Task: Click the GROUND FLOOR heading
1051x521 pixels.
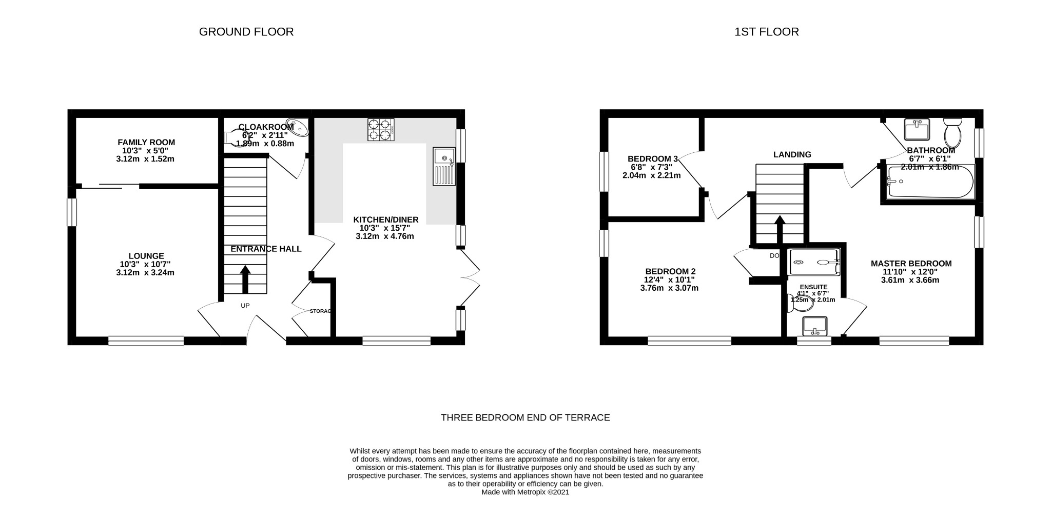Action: [246, 32]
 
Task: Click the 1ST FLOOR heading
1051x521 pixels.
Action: [766, 32]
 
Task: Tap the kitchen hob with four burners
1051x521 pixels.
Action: [380, 129]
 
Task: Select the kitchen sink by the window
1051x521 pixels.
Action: [444, 166]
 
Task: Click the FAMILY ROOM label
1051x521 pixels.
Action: [146, 142]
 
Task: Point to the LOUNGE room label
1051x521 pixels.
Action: [146, 256]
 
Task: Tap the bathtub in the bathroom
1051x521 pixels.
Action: [929, 182]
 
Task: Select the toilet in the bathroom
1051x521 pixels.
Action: [953, 132]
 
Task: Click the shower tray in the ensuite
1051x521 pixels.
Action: [814, 262]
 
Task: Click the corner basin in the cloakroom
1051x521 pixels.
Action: [298, 128]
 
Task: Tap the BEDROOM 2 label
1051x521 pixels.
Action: [670, 271]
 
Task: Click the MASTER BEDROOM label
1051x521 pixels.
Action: [911, 264]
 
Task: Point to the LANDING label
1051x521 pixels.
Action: [792, 154]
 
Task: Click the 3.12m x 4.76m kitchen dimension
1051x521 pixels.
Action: [385, 236]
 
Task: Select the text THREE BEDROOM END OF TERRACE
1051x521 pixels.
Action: [525, 417]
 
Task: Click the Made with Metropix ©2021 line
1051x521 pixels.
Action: [525, 492]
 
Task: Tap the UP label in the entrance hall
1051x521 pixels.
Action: [245, 306]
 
